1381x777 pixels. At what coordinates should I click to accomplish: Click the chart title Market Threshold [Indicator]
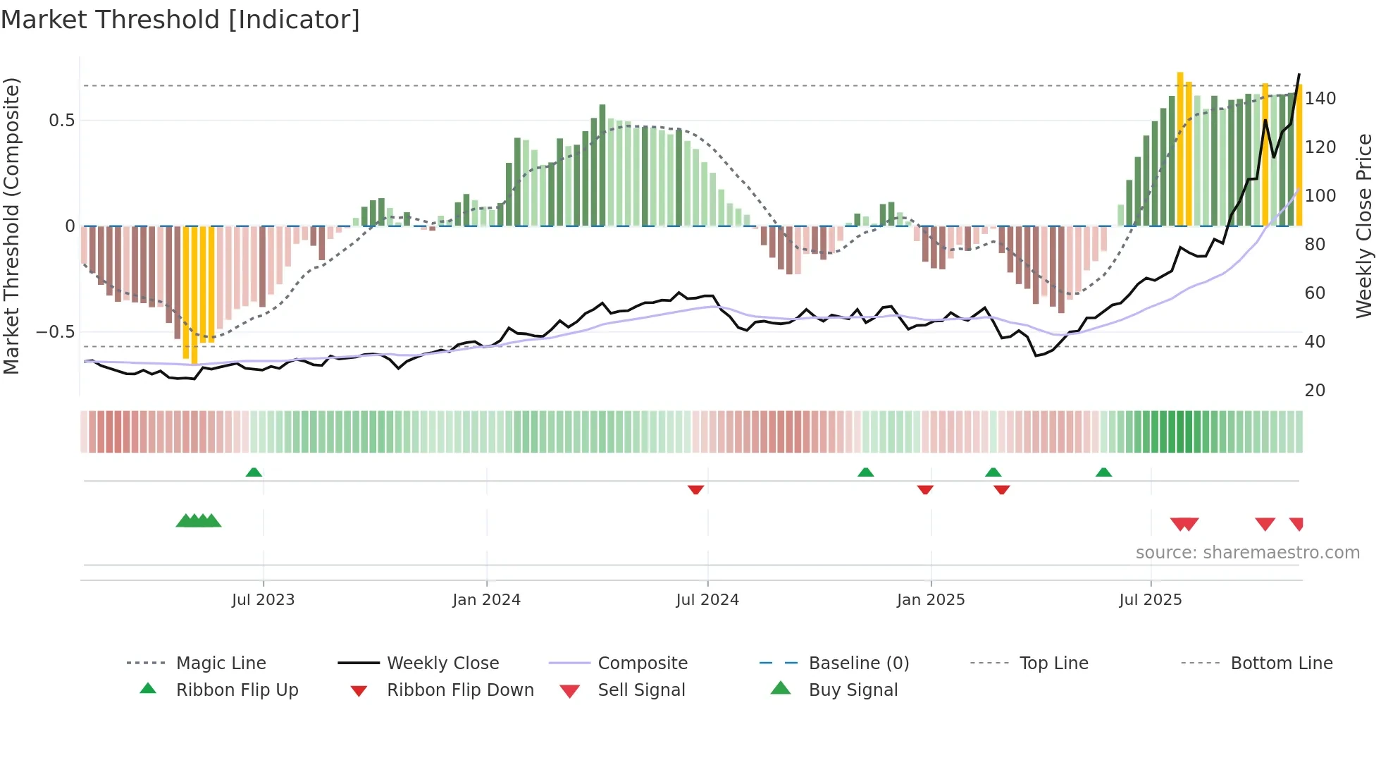coord(180,20)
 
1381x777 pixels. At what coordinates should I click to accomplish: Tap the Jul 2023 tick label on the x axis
coord(263,600)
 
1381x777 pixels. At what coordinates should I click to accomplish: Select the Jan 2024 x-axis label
coord(486,600)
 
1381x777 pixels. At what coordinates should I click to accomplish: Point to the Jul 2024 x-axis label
coord(707,600)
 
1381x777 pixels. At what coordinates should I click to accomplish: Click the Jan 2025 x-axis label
coord(931,600)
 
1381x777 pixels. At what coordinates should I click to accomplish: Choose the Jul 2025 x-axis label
coord(1151,600)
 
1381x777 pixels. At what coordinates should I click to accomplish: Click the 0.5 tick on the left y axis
coord(62,121)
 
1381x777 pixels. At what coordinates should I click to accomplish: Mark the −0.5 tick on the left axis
coord(56,332)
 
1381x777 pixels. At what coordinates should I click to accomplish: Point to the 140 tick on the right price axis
coord(1320,99)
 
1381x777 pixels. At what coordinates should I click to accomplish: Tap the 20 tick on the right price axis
coord(1315,391)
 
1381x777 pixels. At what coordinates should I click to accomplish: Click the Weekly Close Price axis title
coord(1365,226)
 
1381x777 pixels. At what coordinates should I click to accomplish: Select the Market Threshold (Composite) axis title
coord(12,226)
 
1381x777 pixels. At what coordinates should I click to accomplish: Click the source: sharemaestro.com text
coord(1247,553)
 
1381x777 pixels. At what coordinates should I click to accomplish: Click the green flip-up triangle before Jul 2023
coord(254,472)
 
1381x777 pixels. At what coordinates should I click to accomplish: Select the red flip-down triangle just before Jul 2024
coord(695,489)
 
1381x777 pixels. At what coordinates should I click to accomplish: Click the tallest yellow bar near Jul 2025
coord(1180,148)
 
